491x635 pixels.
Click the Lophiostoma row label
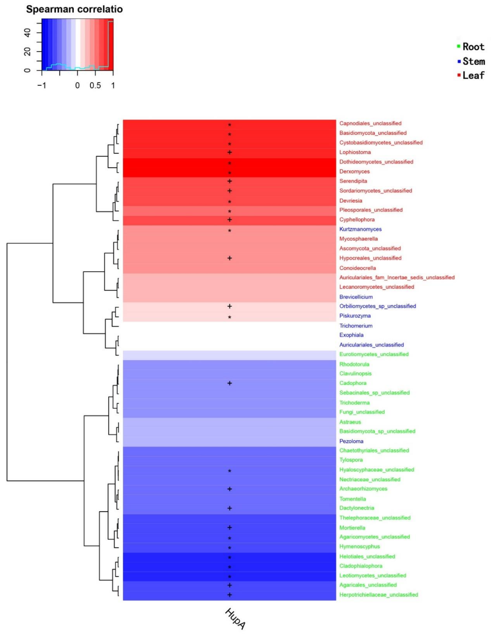click(x=355, y=152)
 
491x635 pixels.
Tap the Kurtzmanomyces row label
click(x=360, y=229)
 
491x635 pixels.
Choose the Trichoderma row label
click(x=354, y=403)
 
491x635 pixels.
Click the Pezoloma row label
click(x=351, y=441)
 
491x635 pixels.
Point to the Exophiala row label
click(x=351, y=335)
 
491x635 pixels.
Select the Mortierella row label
click(x=352, y=528)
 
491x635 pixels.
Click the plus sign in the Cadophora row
click(x=229, y=383)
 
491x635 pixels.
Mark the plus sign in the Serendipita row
click(x=229, y=181)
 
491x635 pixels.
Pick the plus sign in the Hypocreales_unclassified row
click(x=229, y=258)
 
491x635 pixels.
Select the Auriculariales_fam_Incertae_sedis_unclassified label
click(x=397, y=277)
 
